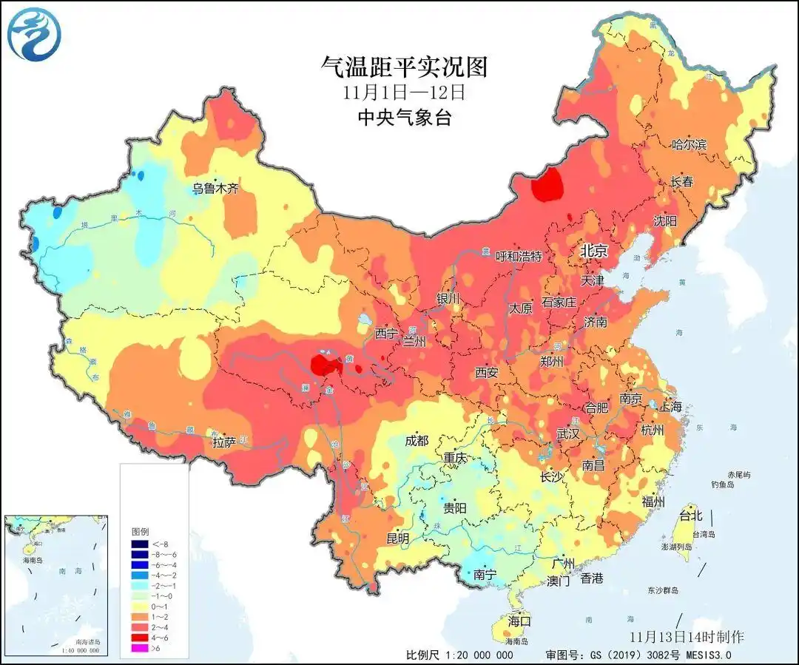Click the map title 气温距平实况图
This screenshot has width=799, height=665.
(404, 67)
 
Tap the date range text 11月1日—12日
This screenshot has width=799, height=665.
(404, 92)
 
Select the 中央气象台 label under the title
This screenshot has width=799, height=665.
(404, 117)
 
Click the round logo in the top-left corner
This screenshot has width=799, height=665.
(34, 34)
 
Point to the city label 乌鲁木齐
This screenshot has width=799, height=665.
(216, 188)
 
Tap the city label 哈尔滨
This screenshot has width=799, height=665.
(688, 144)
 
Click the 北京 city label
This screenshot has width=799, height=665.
(593, 252)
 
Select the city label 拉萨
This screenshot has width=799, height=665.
(224, 442)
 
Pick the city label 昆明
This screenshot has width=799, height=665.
(397, 539)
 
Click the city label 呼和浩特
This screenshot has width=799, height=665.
(519, 257)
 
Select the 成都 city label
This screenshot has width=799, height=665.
(417, 441)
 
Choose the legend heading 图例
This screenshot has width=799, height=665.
(141, 531)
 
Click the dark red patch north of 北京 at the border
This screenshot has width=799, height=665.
(548, 185)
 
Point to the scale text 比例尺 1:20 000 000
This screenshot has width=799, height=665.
(459, 655)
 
